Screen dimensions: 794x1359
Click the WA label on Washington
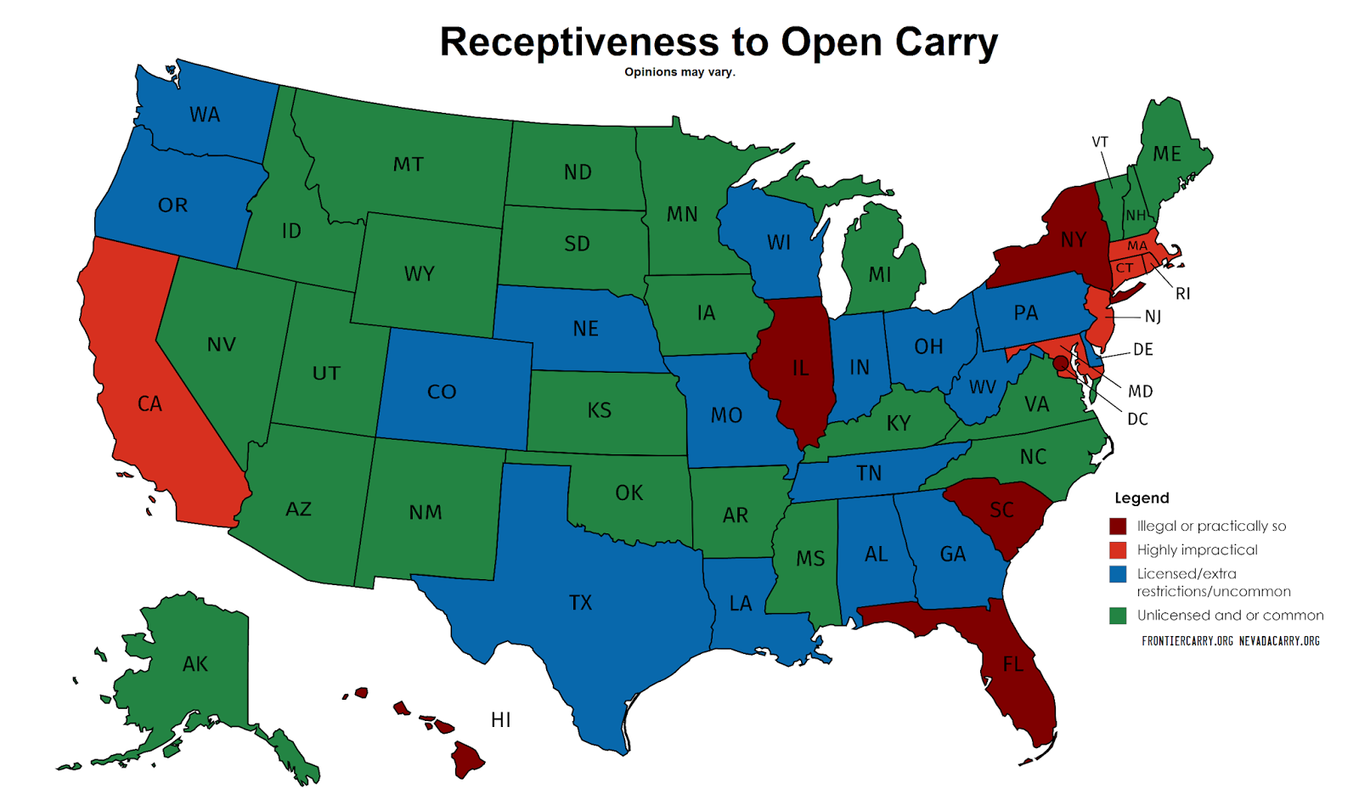coord(205,115)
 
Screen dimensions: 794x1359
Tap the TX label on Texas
coord(580,603)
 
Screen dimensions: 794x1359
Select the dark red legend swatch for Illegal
coord(1118,526)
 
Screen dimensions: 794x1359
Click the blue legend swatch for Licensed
coord(1118,574)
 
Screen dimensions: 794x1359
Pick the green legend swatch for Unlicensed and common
coord(1118,616)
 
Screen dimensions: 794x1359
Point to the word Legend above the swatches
coord(1142,498)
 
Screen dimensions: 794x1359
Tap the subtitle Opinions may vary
coord(679,72)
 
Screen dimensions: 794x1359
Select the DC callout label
coord(1137,419)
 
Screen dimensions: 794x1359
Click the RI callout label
coord(1182,294)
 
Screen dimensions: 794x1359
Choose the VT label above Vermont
coord(1100,142)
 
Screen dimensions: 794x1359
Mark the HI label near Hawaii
coord(501,720)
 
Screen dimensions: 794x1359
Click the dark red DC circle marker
coord(1060,363)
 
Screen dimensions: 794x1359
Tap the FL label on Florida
coord(1013,664)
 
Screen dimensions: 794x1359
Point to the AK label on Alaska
coord(195,664)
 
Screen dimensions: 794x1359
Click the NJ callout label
coord(1153,317)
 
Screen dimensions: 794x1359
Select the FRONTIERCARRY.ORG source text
coord(1187,641)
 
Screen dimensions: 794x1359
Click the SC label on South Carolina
coord(1002,510)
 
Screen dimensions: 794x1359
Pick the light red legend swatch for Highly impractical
coord(1118,549)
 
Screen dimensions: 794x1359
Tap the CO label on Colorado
coord(442,392)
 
